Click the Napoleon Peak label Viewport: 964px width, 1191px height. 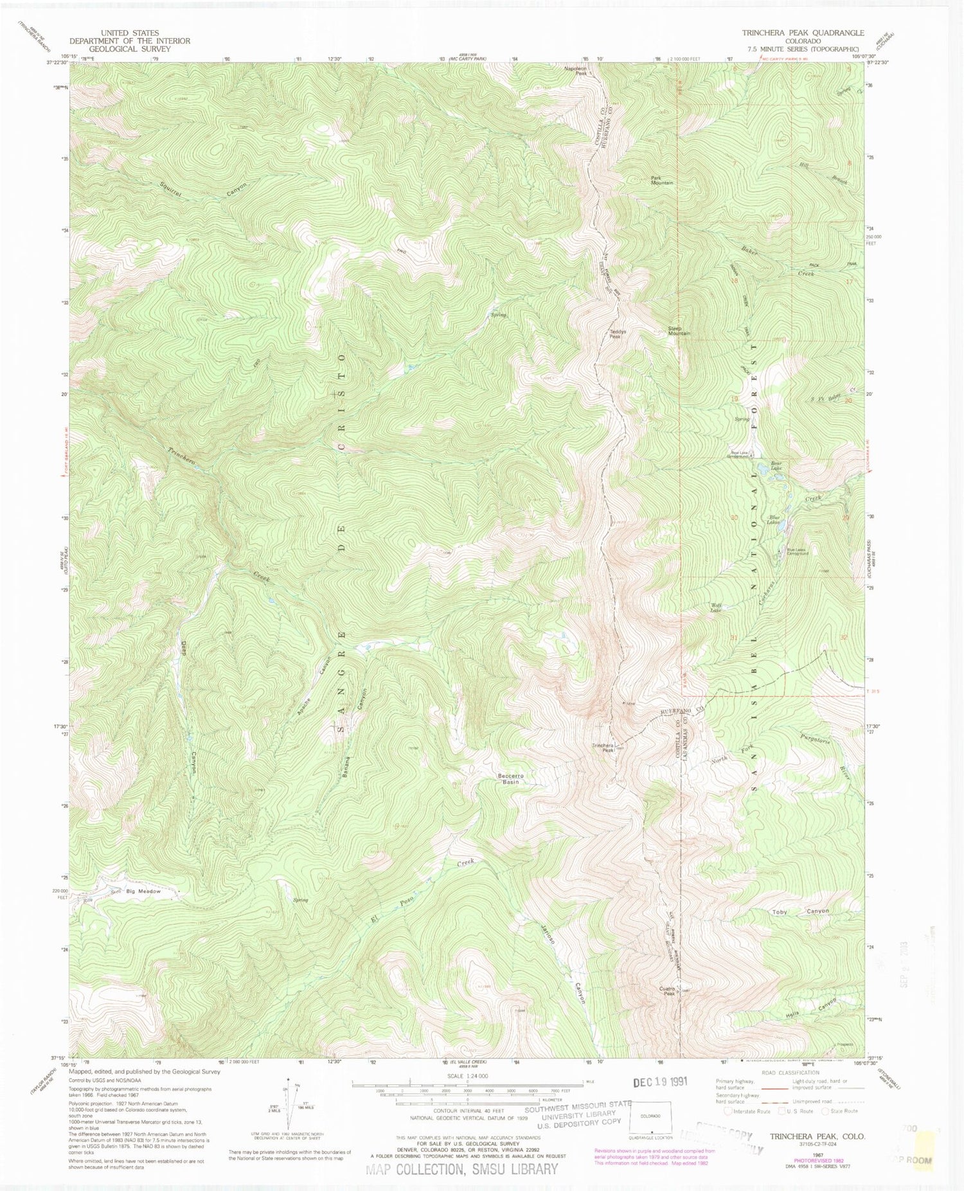point(575,71)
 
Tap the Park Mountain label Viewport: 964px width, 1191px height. point(661,181)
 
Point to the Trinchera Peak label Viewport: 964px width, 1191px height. point(603,748)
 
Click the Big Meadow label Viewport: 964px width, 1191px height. point(143,891)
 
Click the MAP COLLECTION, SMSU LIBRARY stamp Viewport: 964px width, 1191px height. point(462,1169)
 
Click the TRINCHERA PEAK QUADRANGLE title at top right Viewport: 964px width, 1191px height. point(794,33)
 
